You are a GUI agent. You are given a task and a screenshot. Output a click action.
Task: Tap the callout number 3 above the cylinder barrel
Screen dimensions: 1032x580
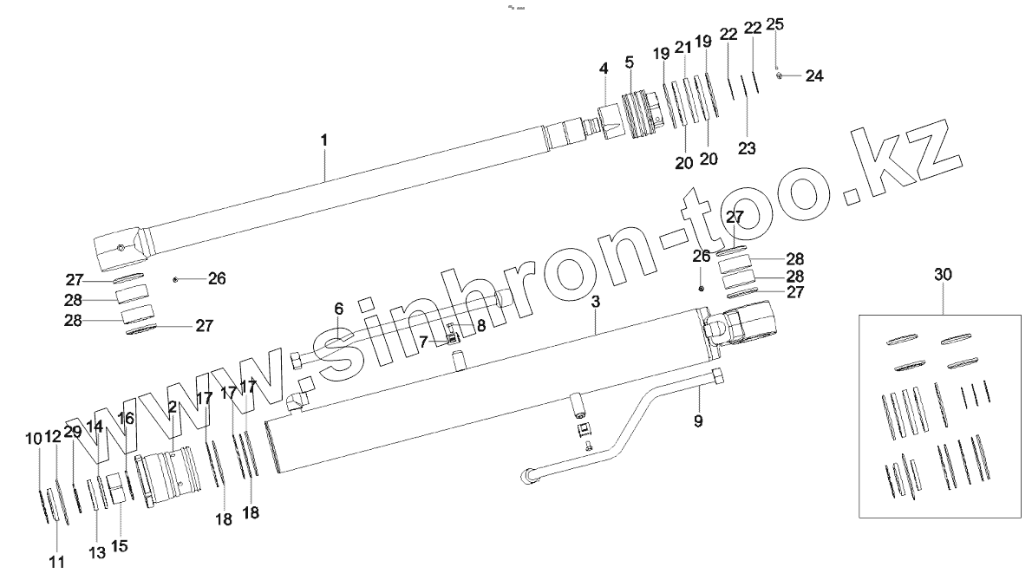[x=596, y=302]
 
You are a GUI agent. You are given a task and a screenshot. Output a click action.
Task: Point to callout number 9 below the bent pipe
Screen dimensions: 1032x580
[x=698, y=422]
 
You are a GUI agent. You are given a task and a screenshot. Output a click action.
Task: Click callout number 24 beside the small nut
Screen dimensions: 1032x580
[x=813, y=76]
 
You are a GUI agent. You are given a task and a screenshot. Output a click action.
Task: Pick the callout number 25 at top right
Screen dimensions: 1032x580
[x=775, y=24]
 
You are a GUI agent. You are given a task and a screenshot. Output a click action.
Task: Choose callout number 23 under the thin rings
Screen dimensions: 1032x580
[x=747, y=148]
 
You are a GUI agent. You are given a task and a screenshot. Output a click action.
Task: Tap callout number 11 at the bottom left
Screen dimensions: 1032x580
[x=56, y=562]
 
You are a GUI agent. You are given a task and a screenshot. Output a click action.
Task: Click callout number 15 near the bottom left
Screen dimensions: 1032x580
[x=119, y=546]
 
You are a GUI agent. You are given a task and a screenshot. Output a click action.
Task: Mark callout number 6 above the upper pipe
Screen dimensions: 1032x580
[x=339, y=308]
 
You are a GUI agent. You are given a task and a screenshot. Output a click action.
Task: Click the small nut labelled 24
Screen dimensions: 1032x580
[x=780, y=76]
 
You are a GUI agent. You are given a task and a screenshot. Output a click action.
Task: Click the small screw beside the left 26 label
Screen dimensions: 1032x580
[x=176, y=279]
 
